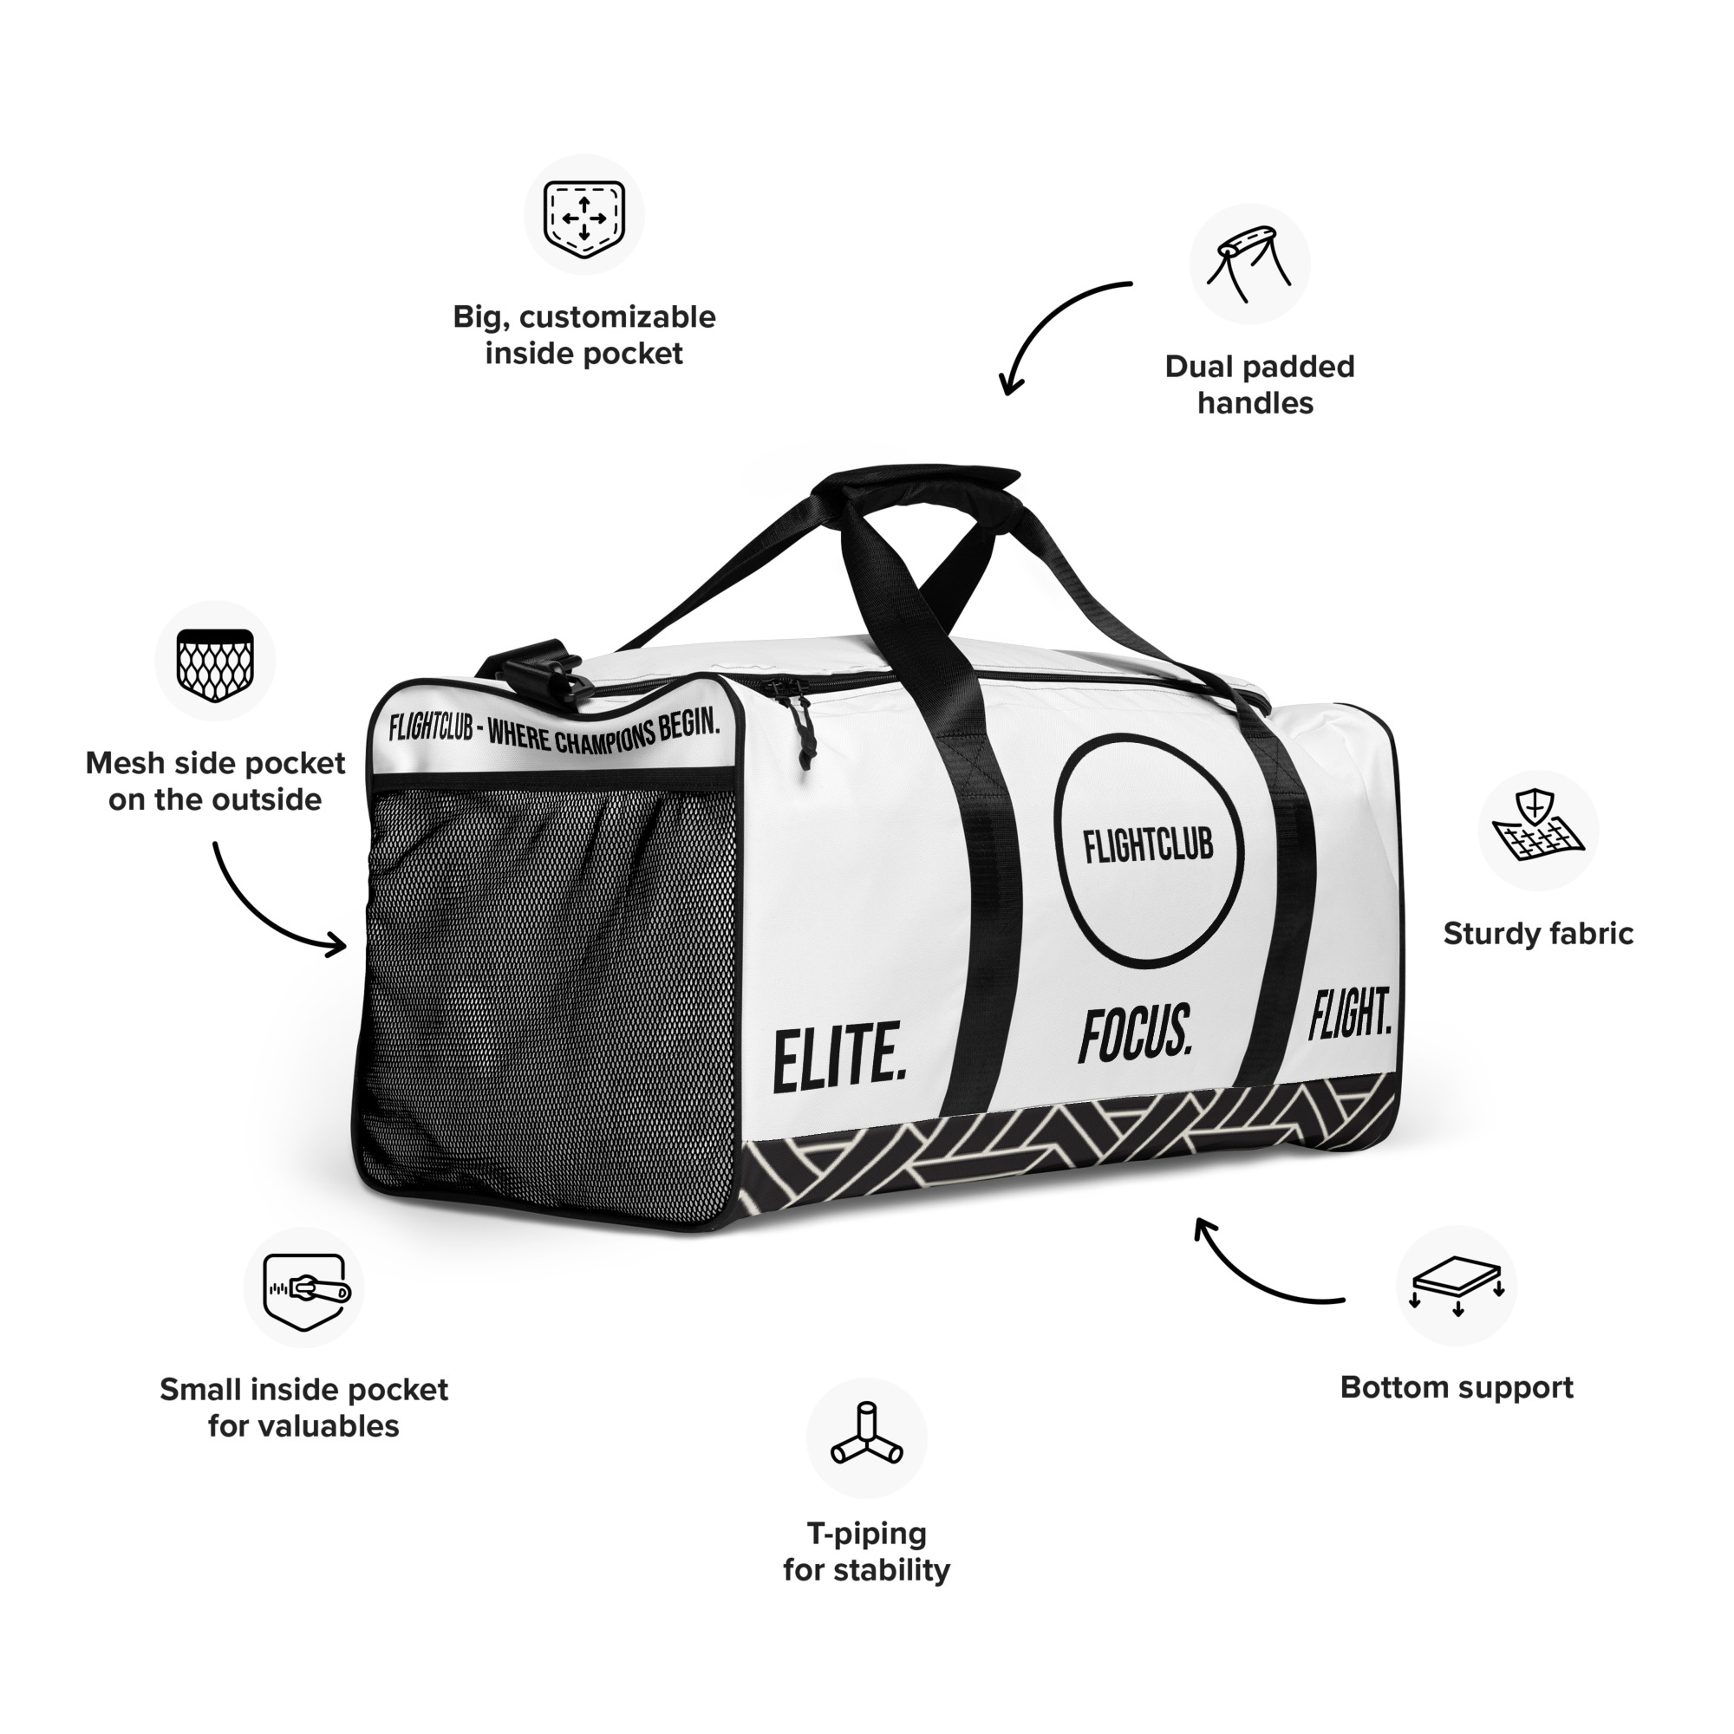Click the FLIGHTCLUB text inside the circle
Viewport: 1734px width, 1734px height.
pos(1148,845)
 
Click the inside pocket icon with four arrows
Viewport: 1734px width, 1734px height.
pos(584,215)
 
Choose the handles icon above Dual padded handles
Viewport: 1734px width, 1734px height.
pos(1249,264)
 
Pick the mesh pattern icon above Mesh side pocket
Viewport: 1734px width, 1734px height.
pos(215,662)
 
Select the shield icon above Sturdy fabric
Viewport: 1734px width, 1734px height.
pos(1537,831)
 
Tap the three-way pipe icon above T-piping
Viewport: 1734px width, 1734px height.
pos(866,1438)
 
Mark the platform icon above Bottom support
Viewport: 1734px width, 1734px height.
pos(1457,1286)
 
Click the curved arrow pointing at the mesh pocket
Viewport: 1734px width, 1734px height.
pos(270,907)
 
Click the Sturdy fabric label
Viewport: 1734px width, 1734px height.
pos(1537,935)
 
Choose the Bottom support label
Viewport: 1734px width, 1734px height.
pos(1456,1387)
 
